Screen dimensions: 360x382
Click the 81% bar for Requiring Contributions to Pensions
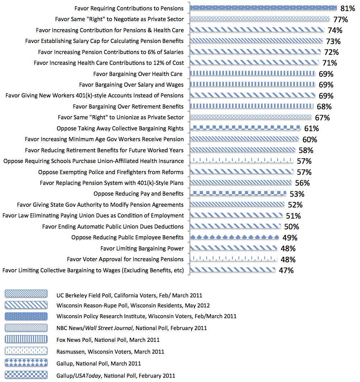click(263, 8)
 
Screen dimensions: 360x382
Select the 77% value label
click(341, 19)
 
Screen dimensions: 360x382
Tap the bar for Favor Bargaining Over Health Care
click(252, 73)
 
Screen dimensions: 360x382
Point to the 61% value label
click(311, 128)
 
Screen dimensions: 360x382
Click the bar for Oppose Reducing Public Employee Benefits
click(234, 237)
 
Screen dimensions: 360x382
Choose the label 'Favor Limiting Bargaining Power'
click(142, 248)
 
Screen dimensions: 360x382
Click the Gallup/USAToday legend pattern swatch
click(26, 375)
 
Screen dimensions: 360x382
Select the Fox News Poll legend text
click(108, 340)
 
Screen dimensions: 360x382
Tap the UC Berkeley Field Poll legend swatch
click(26, 294)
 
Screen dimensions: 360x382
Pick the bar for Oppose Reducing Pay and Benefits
click(238, 194)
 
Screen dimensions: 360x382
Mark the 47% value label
click(286, 271)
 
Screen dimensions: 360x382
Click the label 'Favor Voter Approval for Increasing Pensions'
click(125, 259)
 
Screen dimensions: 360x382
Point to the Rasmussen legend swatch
click(26, 351)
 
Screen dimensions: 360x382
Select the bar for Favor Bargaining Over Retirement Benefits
click(252, 106)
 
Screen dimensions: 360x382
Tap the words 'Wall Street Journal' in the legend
click(109, 328)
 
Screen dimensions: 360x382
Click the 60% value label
click(309, 140)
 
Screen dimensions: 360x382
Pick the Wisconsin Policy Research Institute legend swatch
click(26, 316)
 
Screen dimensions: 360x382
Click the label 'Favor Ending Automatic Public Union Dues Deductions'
click(113, 226)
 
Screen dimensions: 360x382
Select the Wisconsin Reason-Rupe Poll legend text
click(133, 306)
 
